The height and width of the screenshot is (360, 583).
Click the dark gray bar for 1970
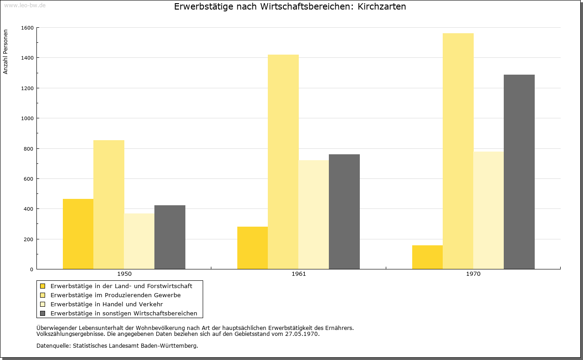(x=519, y=172)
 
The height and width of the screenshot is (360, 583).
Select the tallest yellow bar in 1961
(x=283, y=162)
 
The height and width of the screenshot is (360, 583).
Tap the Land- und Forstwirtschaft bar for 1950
(x=78, y=234)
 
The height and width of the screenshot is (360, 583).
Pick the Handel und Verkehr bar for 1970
(x=489, y=210)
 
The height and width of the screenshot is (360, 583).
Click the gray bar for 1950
(x=170, y=237)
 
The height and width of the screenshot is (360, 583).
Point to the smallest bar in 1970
(x=427, y=257)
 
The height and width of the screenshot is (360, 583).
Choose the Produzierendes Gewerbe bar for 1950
(x=109, y=205)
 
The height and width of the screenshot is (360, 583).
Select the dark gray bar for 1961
(x=344, y=212)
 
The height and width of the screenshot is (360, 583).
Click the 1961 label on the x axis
(x=299, y=274)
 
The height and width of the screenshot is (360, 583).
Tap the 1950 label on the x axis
(x=124, y=274)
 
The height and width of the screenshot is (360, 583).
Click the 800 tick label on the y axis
(x=29, y=149)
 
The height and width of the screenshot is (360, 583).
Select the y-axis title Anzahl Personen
(x=5, y=52)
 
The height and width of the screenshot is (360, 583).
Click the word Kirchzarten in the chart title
(x=382, y=6)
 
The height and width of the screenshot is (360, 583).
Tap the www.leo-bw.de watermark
(x=25, y=5)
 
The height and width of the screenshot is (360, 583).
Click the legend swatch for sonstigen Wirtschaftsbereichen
(x=43, y=314)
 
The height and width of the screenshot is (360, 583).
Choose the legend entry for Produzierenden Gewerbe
(x=110, y=295)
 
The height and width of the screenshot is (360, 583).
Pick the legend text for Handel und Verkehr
(x=107, y=304)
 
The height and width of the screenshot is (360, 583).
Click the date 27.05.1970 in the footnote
(x=302, y=334)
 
